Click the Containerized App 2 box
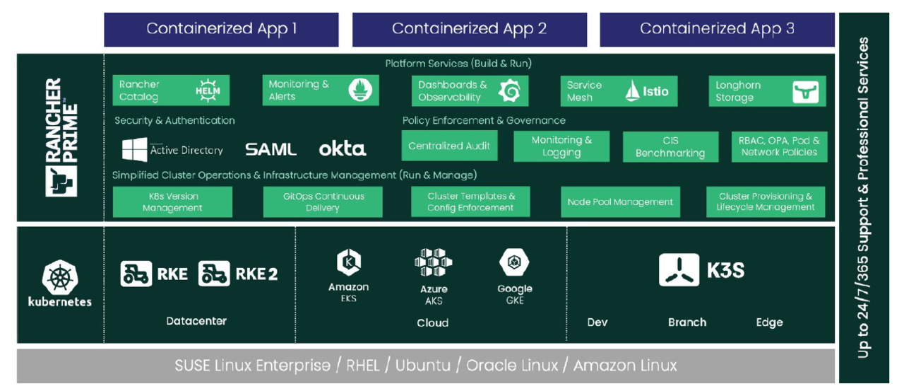pyautogui.click(x=470, y=30)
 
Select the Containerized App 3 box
pyautogui.click(x=717, y=30)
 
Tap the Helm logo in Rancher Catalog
pyautogui.click(x=208, y=91)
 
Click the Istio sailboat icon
pyautogui.click(x=633, y=91)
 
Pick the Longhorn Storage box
pyautogui.click(x=767, y=91)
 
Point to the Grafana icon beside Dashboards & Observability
pyautogui.click(x=509, y=91)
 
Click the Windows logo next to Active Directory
pyautogui.click(x=135, y=150)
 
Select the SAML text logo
pyautogui.click(x=270, y=150)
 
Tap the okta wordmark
pyautogui.click(x=343, y=149)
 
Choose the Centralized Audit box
pyautogui.click(x=449, y=146)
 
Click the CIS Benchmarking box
pyautogui.click(x=670, y=147)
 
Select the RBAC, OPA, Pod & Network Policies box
pyautogui.click(x=779, y=146)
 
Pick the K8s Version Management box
pyautogui.click(x=172, y=202)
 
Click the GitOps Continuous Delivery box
pyautogui.click(x=323, y=202)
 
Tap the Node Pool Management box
pyautogui.click(x=620, y=202)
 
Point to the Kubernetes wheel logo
pyautogui.click(x=60, y=277)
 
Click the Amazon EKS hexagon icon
pyautogui.click(x=349, y=263)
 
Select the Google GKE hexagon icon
pyautogui.click(x=515, y=263)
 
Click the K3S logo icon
pyautogui.click(x=679, y=270)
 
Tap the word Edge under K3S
pyautogui.click(x=769, y=322)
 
